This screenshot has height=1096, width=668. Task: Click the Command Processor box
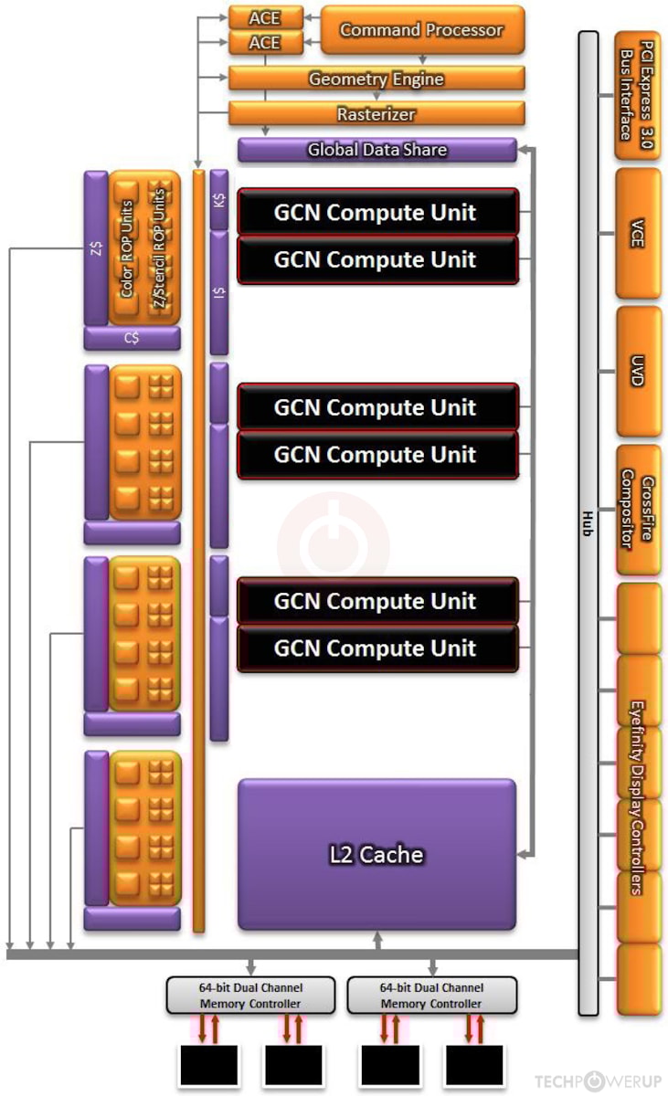(421, 30)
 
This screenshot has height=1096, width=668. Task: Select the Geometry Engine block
(376, 79)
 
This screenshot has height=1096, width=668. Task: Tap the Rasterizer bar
(376, 114)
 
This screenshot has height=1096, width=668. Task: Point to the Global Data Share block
(376, 150)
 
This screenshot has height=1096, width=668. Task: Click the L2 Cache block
(376, 854)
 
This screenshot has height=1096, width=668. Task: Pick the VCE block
(637, 233)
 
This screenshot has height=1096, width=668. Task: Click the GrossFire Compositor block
(637, 511)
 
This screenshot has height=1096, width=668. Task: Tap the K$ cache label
(219, 198)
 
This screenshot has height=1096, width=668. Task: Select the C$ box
(132, 338)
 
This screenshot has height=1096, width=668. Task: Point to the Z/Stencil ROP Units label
(160, 247)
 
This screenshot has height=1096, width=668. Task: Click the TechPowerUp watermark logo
(597, 1081)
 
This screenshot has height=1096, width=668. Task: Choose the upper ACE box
(264, 17)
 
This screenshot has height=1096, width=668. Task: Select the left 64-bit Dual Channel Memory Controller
(250, 996)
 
